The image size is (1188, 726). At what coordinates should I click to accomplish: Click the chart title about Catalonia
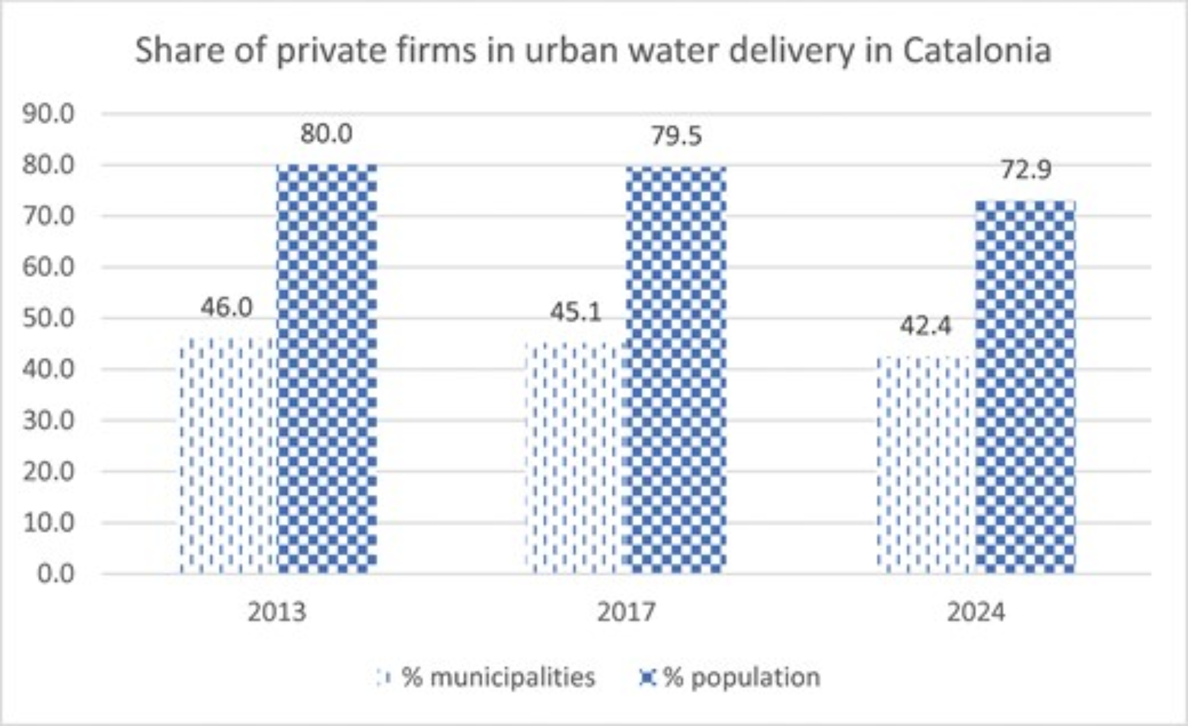click(593, 50)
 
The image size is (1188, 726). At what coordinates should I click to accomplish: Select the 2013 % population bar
click(327, 368)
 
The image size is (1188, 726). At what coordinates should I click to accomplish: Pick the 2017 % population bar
click(677, 369)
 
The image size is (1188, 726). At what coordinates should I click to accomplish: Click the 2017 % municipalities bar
click(574, 457)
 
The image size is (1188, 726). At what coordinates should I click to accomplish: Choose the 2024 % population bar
click(1026, 386)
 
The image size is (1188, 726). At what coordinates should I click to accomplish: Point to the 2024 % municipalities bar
click(925, 464)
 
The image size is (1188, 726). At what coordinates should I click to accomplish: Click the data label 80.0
click(326, 134)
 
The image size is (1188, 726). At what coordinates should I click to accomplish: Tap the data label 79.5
click(676, 137)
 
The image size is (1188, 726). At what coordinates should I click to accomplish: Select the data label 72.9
click(1026, 170)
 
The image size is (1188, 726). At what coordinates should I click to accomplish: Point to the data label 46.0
click(226, 307)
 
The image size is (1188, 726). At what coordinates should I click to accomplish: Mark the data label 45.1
click(575, 312)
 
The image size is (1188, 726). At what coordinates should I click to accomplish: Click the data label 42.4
click(925, 326)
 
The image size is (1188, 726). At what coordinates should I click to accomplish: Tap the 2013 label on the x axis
click(277, 612)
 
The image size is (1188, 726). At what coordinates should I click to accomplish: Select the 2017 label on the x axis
click(626, 612)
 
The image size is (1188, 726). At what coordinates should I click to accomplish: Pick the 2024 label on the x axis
click(975, 612)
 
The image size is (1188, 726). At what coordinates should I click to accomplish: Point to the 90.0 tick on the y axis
click(49, 114)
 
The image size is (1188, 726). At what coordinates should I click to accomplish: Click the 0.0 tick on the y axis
click(56, 574)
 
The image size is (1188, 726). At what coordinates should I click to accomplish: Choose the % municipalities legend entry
click(487, 677)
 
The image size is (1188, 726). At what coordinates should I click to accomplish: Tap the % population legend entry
click(731, 677)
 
